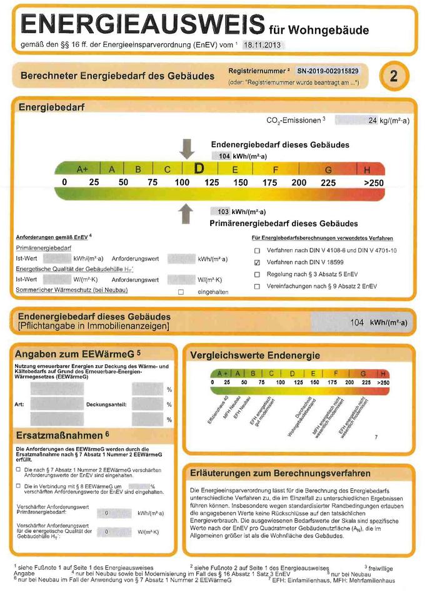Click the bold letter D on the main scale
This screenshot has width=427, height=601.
[199, 168]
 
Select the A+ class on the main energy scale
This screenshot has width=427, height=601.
[83, 169]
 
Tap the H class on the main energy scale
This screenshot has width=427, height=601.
[367, 169]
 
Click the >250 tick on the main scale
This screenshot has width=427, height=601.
[373, 182]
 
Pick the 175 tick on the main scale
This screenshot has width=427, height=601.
[269, 182]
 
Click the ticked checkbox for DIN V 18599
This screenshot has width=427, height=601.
[257, 262]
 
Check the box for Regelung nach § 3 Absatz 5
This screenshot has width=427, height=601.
[257, 274]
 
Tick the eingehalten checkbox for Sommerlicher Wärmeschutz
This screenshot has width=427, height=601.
[181, 292]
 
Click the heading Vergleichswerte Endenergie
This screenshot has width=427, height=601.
[255, 355]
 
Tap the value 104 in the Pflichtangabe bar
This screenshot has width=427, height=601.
[357, 322]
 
